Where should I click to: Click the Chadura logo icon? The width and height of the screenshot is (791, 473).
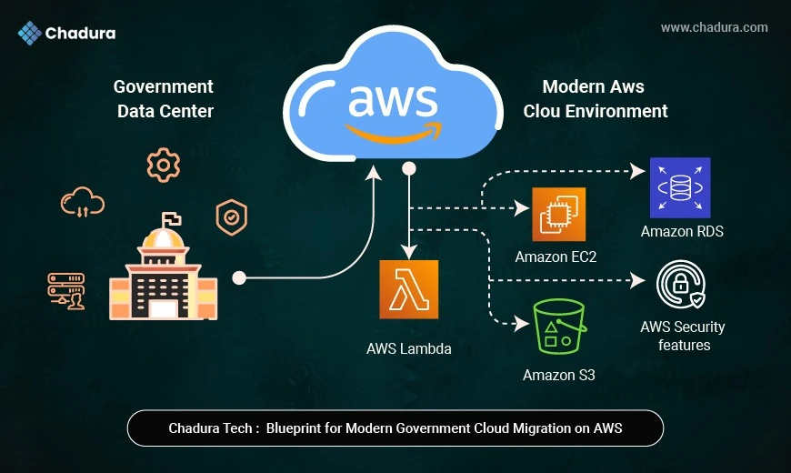coord(29,34)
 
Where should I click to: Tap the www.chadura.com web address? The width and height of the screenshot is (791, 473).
coord(714,27)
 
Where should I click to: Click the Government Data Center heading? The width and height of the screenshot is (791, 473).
coord(164,99)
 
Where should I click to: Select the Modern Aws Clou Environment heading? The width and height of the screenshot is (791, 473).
coord(596,99)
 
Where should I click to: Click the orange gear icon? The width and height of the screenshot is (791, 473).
coord(164,165)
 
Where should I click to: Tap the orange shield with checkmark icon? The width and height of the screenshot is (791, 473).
coord(230,217)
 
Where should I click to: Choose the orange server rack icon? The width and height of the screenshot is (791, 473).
coord(66,290)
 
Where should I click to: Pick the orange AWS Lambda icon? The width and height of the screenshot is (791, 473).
coord(409,289)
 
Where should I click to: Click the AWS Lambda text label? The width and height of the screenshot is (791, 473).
coord(409,347)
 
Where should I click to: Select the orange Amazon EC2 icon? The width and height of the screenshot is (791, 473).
coord(558,214)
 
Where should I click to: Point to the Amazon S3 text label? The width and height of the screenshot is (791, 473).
coord(558,375)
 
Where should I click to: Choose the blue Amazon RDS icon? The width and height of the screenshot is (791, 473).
coord(680,187)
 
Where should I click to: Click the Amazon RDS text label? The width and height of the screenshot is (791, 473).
coord(682,231)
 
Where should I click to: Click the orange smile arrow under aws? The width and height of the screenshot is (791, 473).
coord(391,133)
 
